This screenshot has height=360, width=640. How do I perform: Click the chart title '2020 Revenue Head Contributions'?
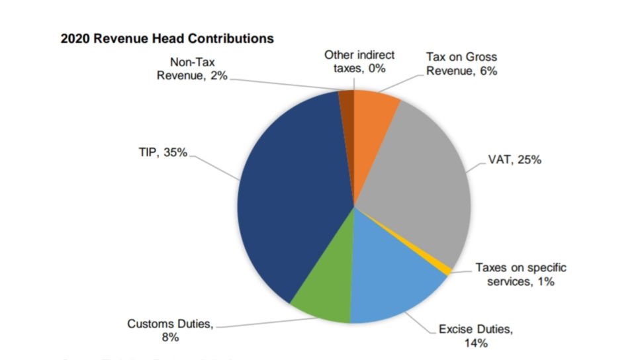pos(167,38)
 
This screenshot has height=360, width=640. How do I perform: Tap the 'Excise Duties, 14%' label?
pos(476,336)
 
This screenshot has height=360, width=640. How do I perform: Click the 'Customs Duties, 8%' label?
pos(170,331)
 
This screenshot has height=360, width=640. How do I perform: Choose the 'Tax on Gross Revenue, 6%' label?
pos(461,64)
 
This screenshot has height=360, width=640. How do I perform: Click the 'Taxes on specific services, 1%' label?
pos(521,275)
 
